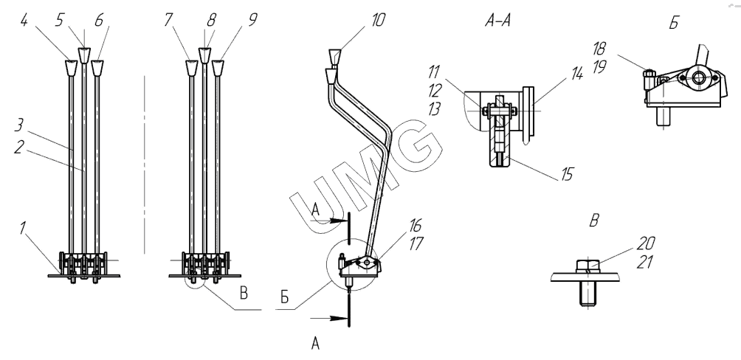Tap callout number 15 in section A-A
[567, 174]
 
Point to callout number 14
[577, 74]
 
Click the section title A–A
[497, 21]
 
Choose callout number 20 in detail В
[646, 243]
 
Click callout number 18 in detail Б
[599, 49]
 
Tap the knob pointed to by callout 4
[70, 68]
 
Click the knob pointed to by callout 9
[218, 68]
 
